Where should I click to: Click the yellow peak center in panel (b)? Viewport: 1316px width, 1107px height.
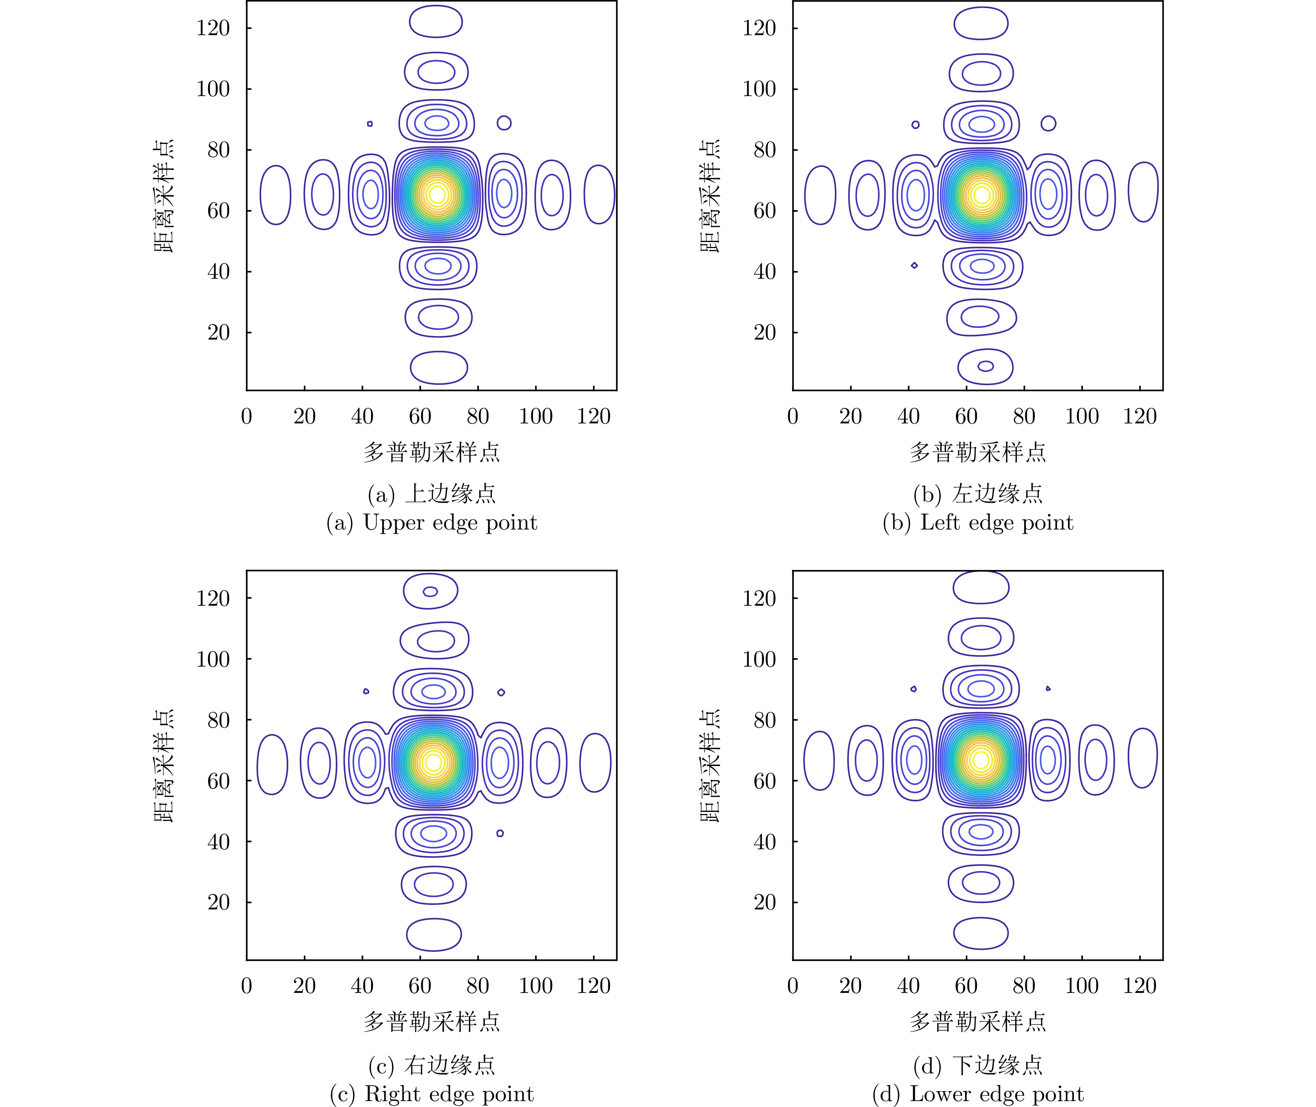coord(982,194)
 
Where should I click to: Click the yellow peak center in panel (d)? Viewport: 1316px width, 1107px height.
coord(981,760)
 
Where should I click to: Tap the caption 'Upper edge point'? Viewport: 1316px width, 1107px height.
coord(449,523)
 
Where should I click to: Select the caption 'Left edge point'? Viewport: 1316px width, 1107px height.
coord(996,523)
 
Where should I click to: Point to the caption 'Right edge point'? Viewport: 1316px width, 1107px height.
coord(449,1094)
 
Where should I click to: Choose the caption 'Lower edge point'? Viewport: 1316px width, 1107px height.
coord(996,1094)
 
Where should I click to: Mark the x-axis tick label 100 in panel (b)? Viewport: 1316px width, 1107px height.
coord(1082,416)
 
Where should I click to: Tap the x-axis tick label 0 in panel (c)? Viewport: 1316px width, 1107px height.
coord(247,986)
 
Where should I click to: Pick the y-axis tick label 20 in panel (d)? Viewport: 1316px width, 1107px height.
coord(765,902)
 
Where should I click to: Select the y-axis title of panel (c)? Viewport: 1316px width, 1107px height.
coord(163,766)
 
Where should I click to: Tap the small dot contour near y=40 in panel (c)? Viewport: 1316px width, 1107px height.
coord(500,834)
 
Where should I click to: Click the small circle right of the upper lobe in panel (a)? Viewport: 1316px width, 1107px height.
coord(503,123)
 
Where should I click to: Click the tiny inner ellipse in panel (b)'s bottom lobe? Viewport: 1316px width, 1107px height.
coord(986,366)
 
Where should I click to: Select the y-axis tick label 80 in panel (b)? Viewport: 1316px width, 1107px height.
coord(765,150)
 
